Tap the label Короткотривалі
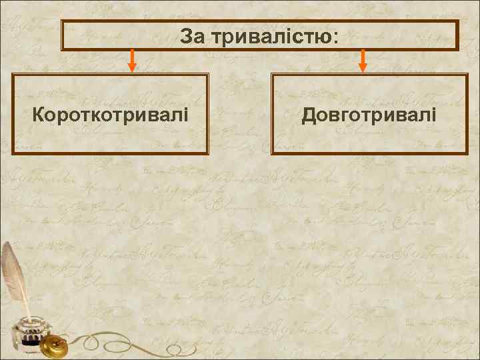pos(110,115)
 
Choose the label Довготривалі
pos(369,115)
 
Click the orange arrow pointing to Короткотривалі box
pos(132,60)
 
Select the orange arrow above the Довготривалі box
pos(363,60)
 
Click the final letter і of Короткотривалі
pos(185,115)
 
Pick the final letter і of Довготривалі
pos(434,115)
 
